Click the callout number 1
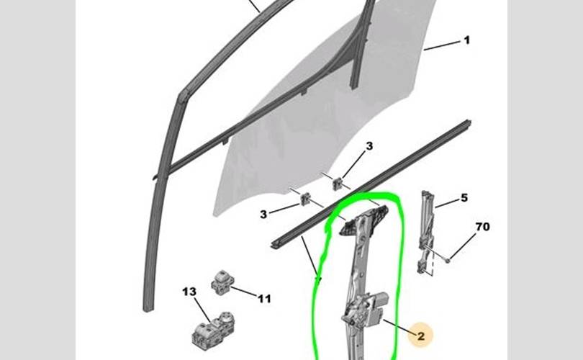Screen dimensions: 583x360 [467, 40]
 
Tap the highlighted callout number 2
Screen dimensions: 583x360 [421, 336]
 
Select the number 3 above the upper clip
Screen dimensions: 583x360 [369, 146]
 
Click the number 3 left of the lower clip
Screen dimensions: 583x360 [263, 215]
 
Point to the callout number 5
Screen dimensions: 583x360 [464, 198]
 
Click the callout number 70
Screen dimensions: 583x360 [483, 227]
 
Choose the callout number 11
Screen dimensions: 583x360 [264, 299]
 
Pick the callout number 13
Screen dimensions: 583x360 [189, 292]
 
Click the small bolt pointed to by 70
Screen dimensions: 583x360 [448, 260]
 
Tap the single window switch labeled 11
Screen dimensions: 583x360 [221, 283]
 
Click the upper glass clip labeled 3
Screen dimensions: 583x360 [338, 184]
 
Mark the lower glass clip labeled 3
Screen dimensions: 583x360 [306, 199]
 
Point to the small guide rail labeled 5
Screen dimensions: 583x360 [426, 233]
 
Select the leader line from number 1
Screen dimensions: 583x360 [442, 46]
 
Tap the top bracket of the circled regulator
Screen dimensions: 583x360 [364, 220]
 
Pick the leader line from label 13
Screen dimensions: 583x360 [202, 310]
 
